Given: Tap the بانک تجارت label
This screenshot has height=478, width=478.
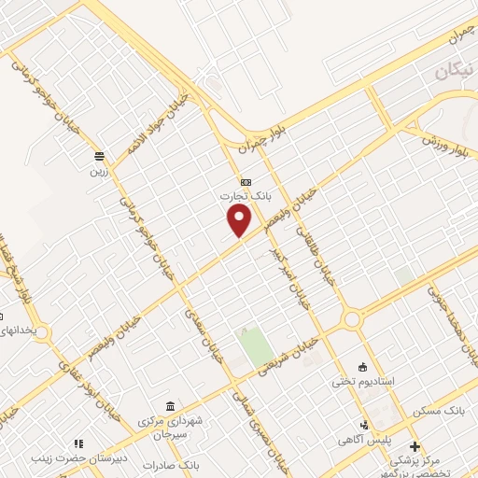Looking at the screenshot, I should coord(237,196).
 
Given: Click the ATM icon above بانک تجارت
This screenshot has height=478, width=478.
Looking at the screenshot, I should coord(246,181).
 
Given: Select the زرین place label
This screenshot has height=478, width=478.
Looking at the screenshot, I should coord(99,171).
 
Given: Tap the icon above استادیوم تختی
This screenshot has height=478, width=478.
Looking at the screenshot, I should coord(364,366).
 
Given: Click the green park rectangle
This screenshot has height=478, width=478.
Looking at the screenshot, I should coord(250,347).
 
